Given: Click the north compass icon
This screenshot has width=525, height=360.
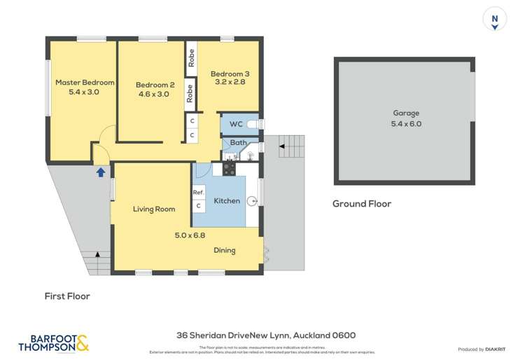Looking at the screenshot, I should [x=494, y=20].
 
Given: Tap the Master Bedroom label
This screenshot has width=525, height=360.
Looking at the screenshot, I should [x=85, y=82].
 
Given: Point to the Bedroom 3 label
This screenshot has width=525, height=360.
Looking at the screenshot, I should [x=230, y=74].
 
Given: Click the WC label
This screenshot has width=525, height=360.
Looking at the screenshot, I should [x=236, y=124].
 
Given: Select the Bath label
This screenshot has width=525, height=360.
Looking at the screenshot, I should [x=238, y=142].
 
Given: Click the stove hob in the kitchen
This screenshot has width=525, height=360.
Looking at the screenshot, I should [x=228, y=169].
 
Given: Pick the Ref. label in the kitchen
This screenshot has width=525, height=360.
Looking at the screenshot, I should [x=198, y=192].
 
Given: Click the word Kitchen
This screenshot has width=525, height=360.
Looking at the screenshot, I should [x=226, y=201].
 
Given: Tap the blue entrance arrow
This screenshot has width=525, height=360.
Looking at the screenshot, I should [x=101, y=171].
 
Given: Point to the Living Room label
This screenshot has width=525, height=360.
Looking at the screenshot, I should [x=154, y=209].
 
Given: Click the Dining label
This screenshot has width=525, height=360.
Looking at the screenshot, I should [x=225, y=250].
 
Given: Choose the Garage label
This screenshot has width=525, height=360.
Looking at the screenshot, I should [x=405, y=113].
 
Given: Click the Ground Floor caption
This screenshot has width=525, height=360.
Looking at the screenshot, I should [x=361, y=204].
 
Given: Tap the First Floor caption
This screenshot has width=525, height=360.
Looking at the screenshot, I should [x=66, y=296].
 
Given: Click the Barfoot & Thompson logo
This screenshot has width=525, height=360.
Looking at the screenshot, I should [x=53, y=342].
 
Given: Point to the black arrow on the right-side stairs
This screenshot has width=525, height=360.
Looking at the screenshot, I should [x=282, y=146].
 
